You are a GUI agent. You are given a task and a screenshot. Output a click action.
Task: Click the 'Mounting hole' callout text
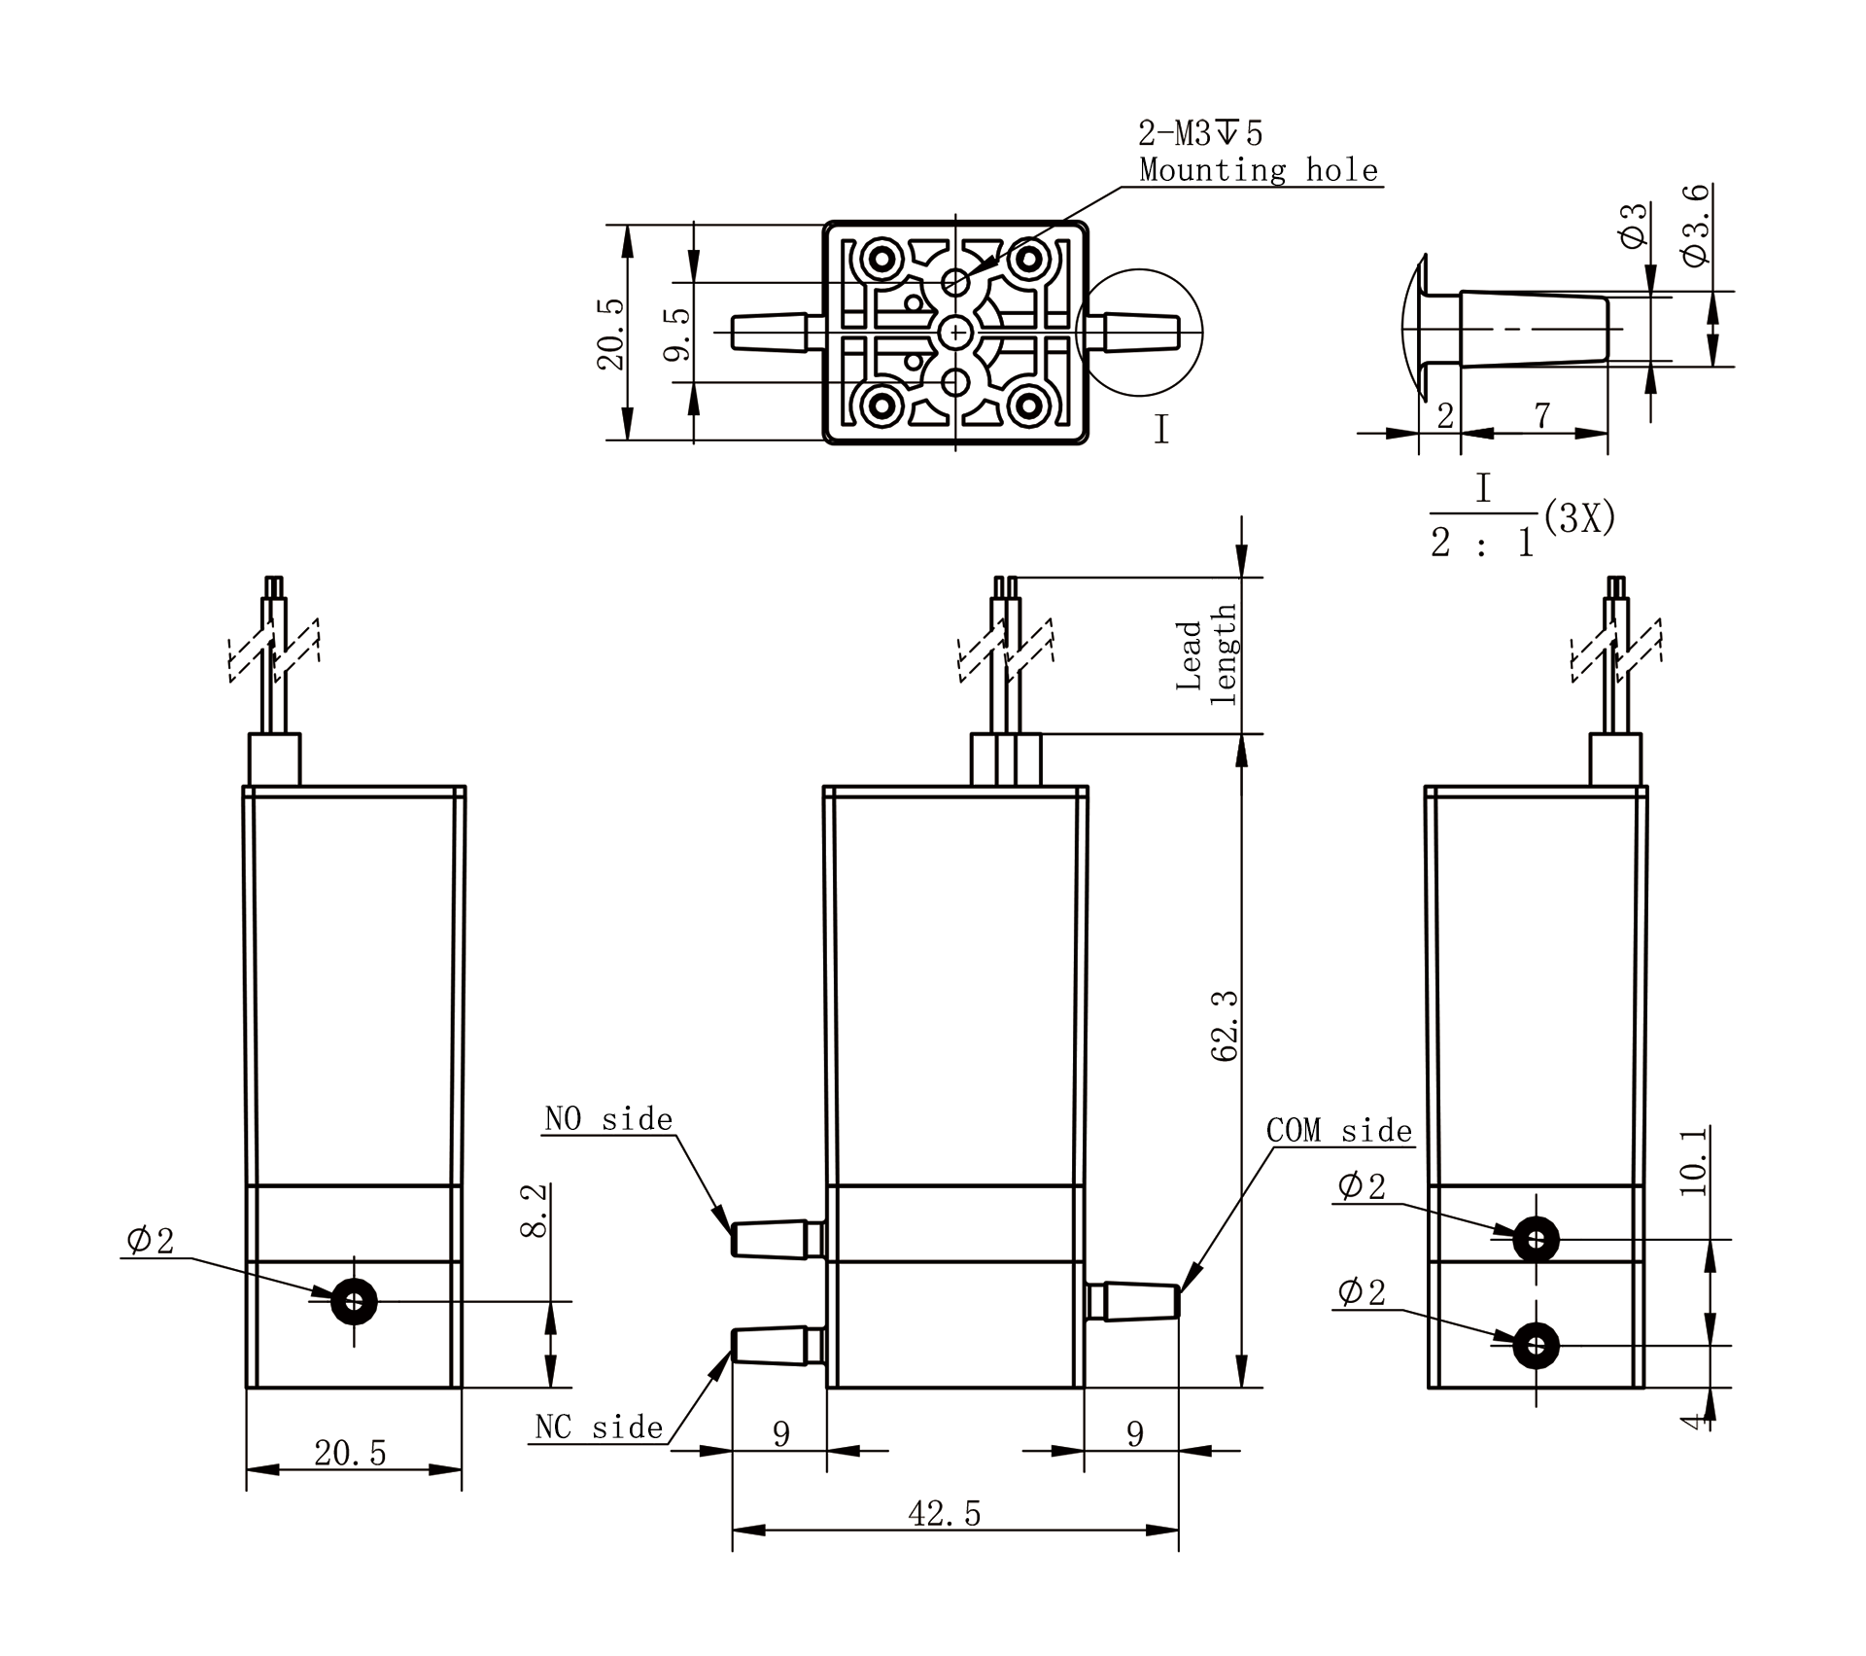point(1259,170)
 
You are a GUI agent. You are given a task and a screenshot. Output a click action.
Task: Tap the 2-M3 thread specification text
point(1201,132)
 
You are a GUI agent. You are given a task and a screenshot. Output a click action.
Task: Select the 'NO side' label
point(608,1119)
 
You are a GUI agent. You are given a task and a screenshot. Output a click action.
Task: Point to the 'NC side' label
point(599,1427)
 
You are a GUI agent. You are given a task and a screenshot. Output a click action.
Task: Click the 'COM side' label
point(1339,1130)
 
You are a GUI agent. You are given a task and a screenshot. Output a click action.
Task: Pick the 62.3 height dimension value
point(1226,1026)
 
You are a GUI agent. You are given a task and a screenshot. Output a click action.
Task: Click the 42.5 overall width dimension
point(945,1514)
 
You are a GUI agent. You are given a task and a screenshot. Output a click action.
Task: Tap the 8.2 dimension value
point(535,1211)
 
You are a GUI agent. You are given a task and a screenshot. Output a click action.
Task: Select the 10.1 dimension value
point(1692,1161)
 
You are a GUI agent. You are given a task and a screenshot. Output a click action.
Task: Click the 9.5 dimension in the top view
point(677,334)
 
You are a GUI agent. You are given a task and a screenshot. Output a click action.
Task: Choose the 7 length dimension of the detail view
point(1542,415)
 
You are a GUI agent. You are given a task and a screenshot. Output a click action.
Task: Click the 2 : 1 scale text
point(1482,543)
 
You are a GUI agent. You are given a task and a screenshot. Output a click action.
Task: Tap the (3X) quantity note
point(1579,518)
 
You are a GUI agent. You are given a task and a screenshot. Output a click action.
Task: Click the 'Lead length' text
point(1206,654)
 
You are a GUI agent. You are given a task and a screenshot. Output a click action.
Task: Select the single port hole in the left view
point(354,1301)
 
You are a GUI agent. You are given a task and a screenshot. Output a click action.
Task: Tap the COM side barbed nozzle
point(1132,1302)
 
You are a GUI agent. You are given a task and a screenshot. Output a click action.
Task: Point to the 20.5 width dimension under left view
point(350,1453)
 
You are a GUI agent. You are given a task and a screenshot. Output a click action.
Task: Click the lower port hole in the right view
point(1536,1346)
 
